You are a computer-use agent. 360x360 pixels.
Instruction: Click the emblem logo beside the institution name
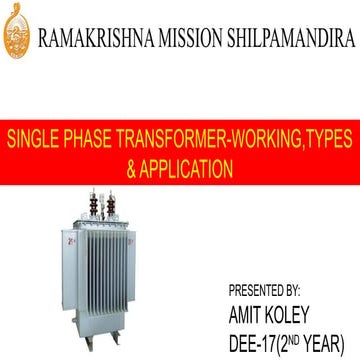click(19, 32)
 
